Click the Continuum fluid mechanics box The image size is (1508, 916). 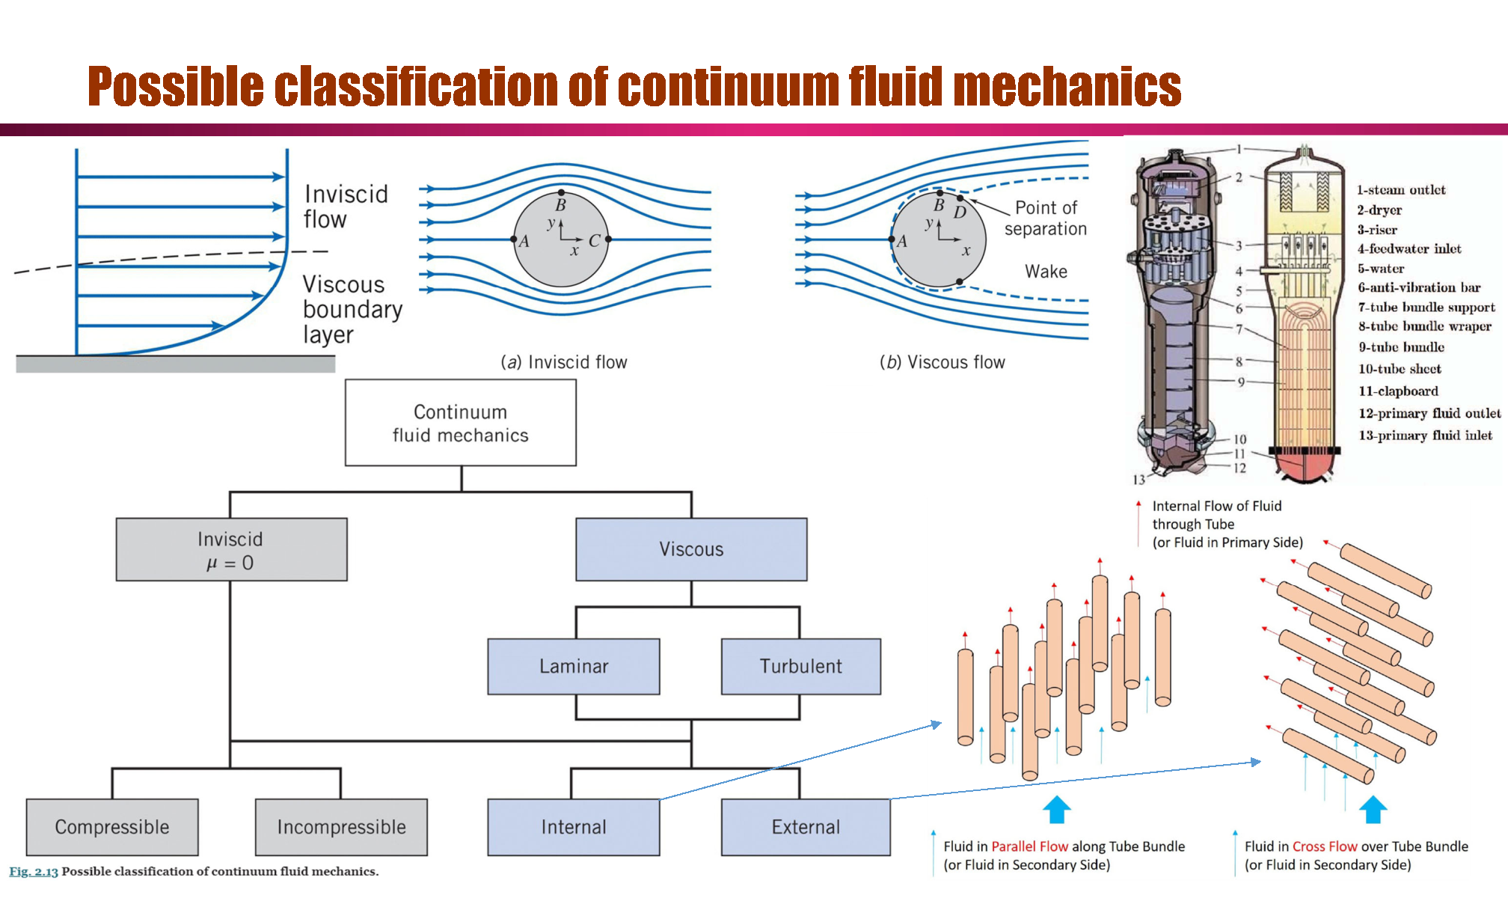click(x=460, y=423)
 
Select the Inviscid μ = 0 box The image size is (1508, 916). click(x=231, y=550)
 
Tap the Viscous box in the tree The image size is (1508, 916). click(x=691, y=549)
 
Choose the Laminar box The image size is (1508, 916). click(x=574, y=666)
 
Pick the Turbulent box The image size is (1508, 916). click(x=800, y=666)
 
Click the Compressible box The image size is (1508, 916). click(x=112, y=827)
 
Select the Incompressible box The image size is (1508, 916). click(x=341, y=827)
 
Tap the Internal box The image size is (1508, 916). click(x=574, y=827)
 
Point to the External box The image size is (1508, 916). click(x=806, y=827)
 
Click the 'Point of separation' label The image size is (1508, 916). click(x=1045, y=218)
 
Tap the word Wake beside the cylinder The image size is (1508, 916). click(x=1046, y=272)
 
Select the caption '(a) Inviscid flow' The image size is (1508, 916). click(x=564, y=362)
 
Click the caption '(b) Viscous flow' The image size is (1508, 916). click(x=942, y=362)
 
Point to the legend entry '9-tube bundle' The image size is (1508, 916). click(x=1401, y=347)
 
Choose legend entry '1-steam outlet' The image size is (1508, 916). click(x=1401, y=190)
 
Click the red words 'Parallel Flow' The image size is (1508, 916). click(x=1029, y=846)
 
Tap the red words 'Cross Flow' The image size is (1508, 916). click(x=1324, y=846)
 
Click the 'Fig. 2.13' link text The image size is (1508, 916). click(x=34, y=871)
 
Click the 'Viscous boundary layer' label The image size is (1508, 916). click(x=352, y=309)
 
